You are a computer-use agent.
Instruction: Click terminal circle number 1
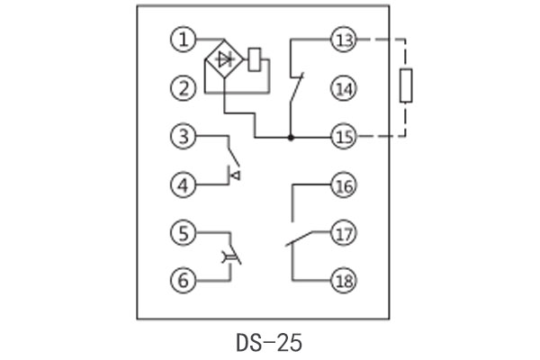click(184, 40)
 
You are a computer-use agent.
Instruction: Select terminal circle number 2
click(184, 88)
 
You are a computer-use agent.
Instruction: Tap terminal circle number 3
click(184, 137)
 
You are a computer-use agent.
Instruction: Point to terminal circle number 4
click(184, 185)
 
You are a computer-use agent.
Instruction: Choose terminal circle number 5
click(184, 232)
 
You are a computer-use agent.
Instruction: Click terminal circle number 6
click(184, 280)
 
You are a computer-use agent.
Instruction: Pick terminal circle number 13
click(344, 40)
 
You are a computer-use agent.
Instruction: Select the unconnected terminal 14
click(344, 88)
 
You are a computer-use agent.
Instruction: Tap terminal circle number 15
click(344, 137)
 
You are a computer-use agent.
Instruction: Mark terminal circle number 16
click(344, 185)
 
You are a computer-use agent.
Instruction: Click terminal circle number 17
click(344, 232)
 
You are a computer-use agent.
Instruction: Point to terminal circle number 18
click(344, 280)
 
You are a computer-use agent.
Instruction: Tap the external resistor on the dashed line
click(407, 87)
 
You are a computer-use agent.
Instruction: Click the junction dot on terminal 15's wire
click(290, 138)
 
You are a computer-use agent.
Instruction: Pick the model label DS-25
click(269, 342)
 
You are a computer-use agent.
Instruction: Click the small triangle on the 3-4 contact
click(235, 175)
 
